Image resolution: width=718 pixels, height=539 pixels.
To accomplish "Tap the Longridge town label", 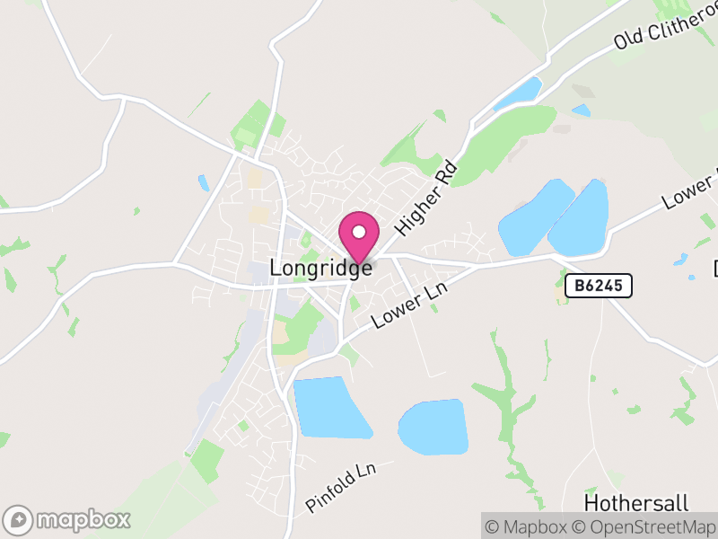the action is coord(320,269).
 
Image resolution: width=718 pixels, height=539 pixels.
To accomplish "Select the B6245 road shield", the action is coord(599,287).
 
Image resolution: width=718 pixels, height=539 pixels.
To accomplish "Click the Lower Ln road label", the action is coord(409,306).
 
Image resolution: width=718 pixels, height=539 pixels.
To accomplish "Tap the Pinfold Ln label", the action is coord(348,488).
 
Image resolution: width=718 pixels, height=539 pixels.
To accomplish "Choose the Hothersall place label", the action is coord(627,500).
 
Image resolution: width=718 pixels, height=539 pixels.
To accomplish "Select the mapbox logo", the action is coord(68,519).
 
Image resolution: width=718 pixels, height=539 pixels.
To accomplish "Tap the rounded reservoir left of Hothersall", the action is coord(433,428).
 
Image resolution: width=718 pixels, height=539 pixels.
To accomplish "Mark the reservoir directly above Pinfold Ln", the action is coord(329,407).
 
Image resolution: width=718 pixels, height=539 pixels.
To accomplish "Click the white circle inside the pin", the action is coord(359,232).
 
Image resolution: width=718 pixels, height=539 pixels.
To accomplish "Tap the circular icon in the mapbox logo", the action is coord(18,519).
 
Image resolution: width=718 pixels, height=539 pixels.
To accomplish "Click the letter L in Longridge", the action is coord(276,269).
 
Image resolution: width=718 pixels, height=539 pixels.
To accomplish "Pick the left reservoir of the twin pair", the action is coord(535,218).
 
